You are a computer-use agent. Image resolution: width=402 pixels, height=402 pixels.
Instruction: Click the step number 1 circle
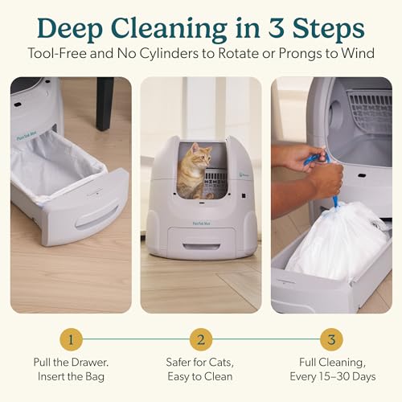coord(71,339)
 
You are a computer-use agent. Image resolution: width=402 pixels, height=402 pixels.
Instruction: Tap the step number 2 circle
coord(201,339)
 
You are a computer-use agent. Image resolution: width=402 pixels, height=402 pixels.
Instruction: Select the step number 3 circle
coord(331,339)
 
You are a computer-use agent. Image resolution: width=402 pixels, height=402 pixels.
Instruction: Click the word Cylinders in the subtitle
coord(170,53)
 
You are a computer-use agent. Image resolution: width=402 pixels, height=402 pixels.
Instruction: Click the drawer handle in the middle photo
coord(202,247)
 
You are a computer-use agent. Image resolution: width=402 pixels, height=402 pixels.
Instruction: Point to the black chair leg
coord(105,104)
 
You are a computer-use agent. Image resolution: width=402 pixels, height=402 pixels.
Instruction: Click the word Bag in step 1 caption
coord(95,377)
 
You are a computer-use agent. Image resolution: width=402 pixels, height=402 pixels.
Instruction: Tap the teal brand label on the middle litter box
coord(202,224)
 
